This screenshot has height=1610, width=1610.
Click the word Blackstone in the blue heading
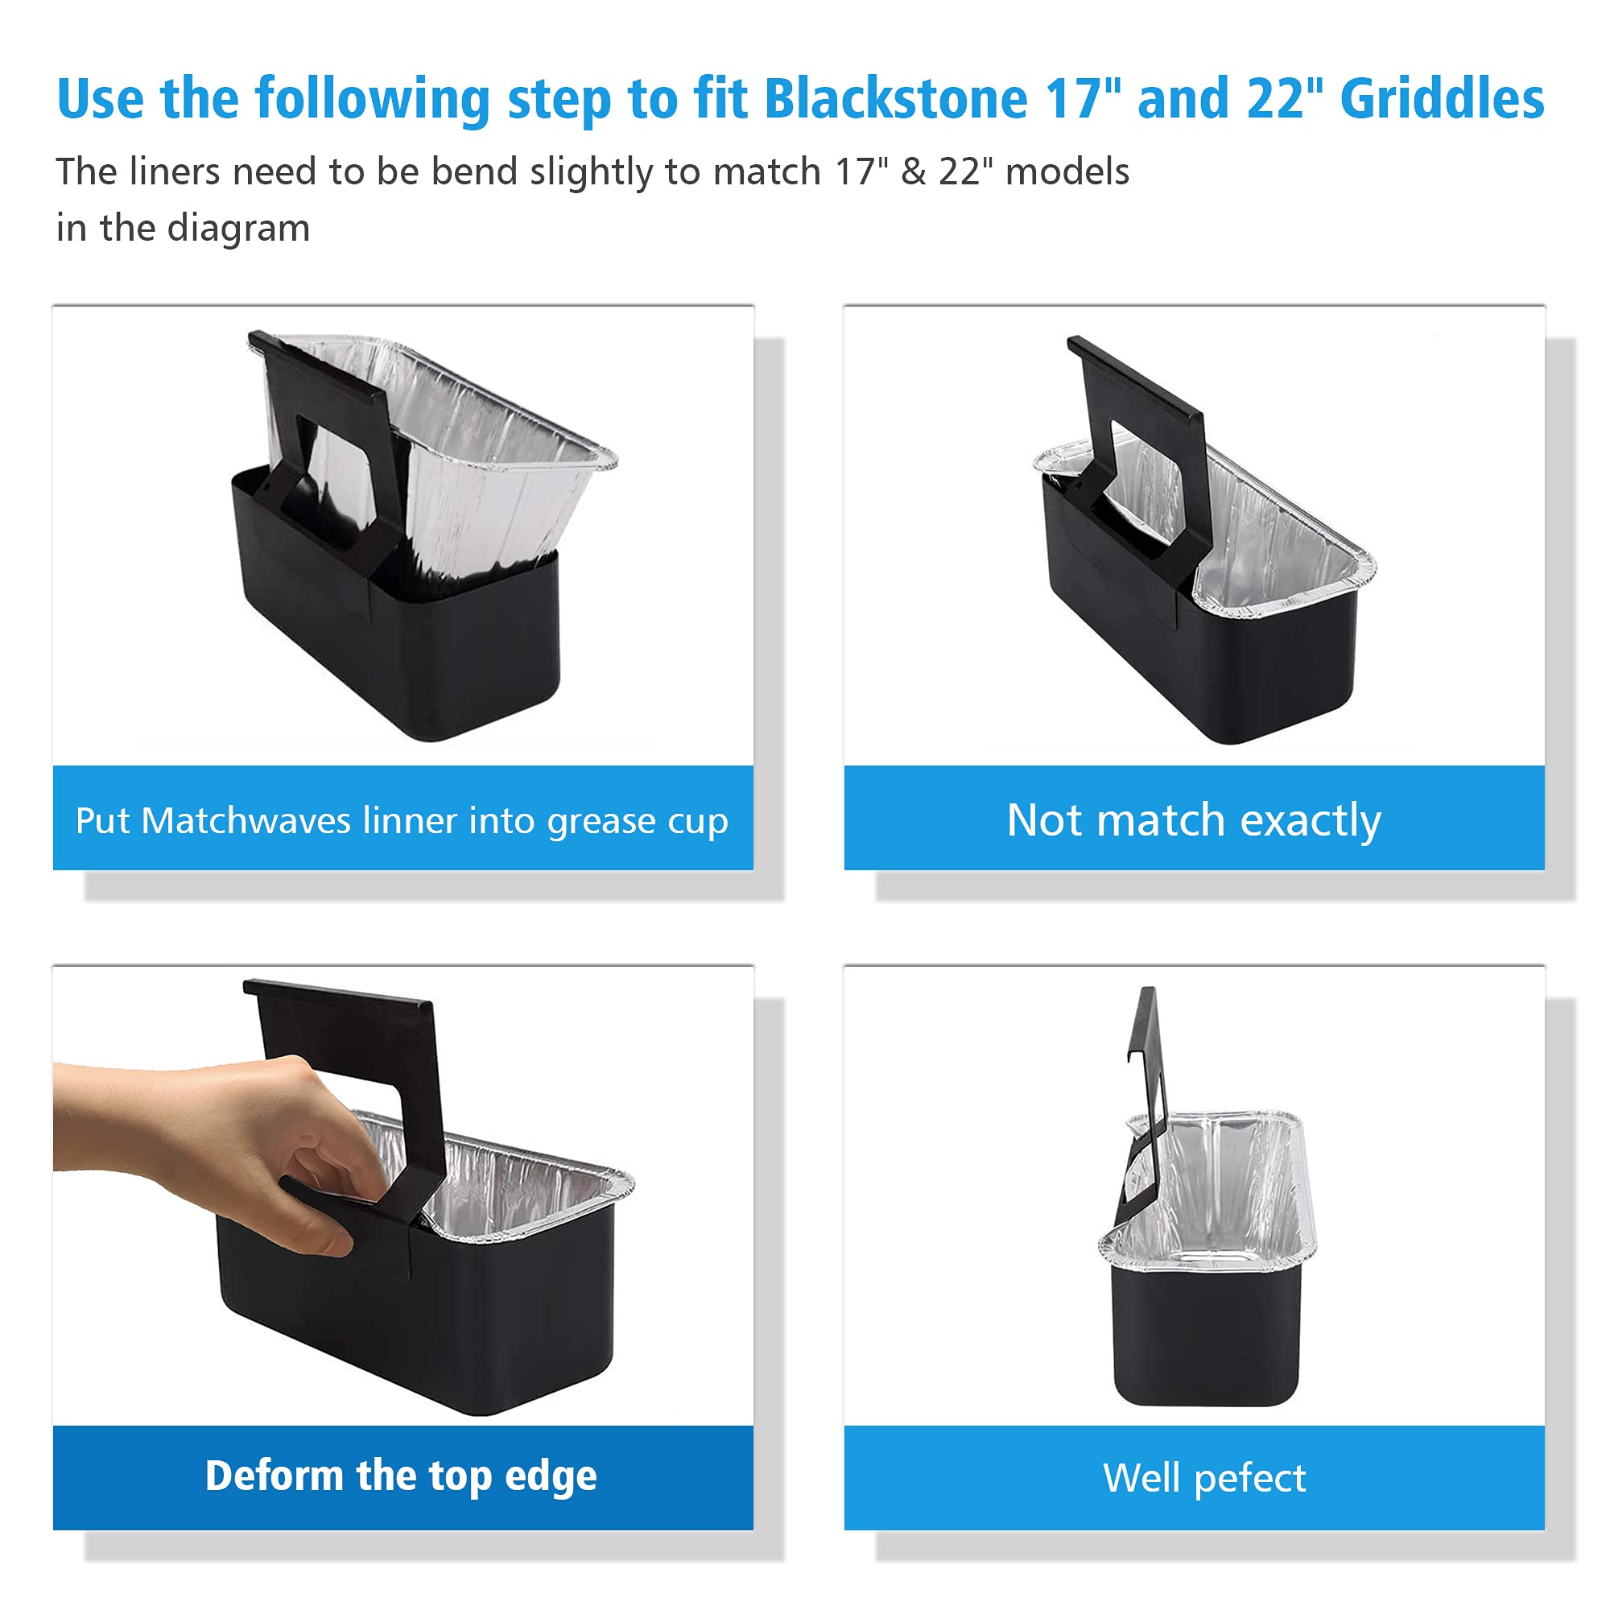pos(896,98)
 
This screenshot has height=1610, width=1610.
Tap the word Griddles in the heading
pos(1442,98)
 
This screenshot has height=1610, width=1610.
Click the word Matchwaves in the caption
pos(246,821)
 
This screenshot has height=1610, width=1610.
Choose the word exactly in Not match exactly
pos(1311,822)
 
